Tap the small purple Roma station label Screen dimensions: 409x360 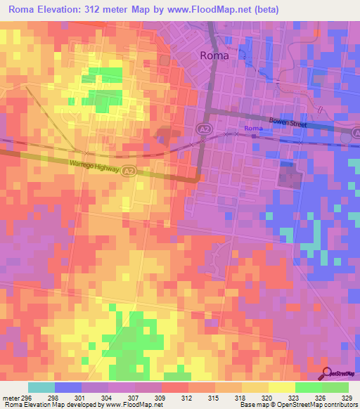tap(253, 129)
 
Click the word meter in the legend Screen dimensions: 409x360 tap(10, 397)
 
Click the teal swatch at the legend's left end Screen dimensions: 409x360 tap(41, 387)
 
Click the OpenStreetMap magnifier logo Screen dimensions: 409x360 tap(327, 374)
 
